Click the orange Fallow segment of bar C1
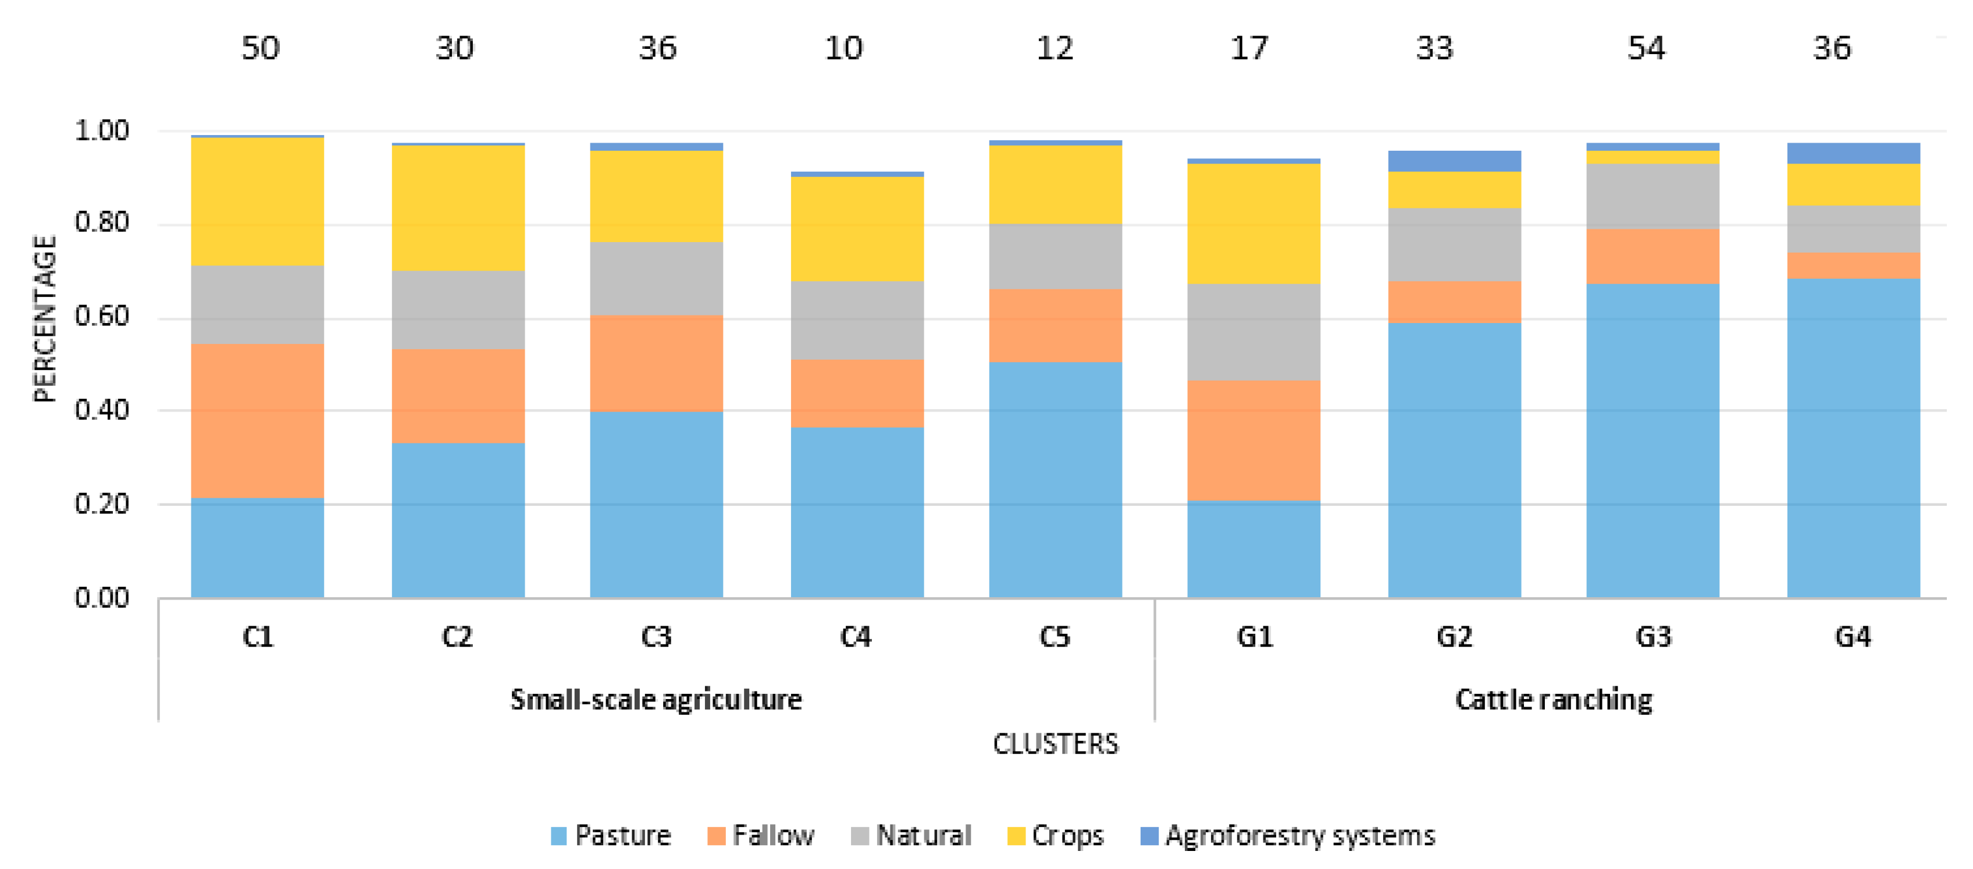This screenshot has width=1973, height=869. tap(257, 421)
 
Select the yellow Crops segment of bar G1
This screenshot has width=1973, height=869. tap(1254, 224)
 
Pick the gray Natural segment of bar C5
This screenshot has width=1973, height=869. tap(1056, 256)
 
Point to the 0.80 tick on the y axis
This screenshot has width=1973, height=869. tap(101, 223)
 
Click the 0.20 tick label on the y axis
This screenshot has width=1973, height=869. tap(101, 504)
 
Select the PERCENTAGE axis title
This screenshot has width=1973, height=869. tap(44, 318)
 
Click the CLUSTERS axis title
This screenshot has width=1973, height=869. tap(1056, 744)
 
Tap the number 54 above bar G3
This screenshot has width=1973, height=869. tap(1646, 49)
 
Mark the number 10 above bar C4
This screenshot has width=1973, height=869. tap(843, 49)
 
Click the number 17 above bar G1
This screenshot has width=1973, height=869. tap(1249, 49)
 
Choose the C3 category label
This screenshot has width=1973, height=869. tap(656, 637)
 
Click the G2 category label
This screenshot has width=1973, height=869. tap(1454, 637)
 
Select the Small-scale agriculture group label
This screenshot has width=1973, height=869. tap(656, 700)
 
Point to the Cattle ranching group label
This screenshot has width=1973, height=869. tap(1553, 700)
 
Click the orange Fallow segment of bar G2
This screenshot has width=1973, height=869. tap(1454, 302)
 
